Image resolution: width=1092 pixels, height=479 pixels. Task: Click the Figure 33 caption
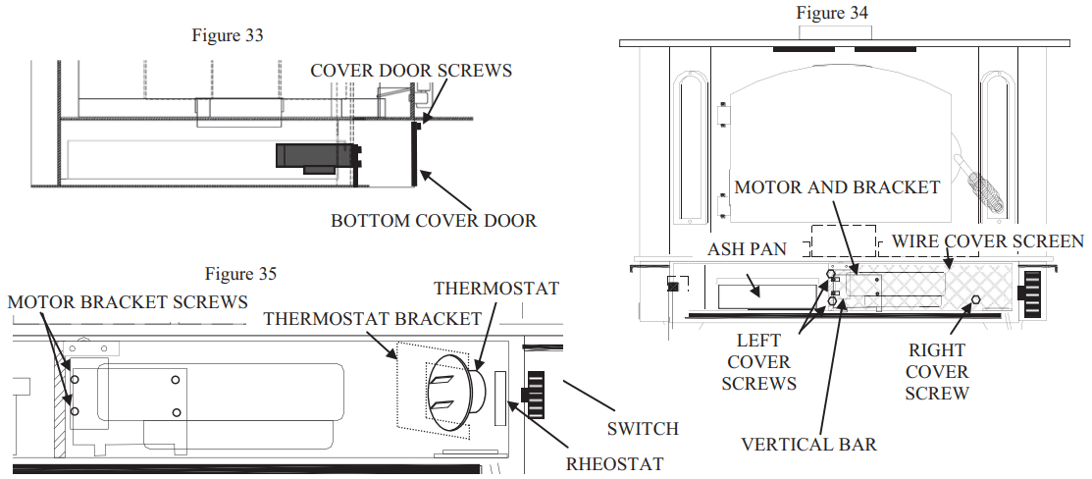click(228, 35)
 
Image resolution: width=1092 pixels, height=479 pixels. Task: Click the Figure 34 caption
click(832, 13)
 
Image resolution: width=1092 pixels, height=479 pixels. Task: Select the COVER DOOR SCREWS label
click(411, 71)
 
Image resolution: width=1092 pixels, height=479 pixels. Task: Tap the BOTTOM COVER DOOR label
click(434, 220)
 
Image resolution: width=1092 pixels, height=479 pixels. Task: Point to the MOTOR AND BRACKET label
click(837, 186)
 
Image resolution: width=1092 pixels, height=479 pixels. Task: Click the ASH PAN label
click(747, 249)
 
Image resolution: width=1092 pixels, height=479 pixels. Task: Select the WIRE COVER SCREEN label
click(986, 241)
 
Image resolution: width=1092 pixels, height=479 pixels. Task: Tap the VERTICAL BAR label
click(808, 444)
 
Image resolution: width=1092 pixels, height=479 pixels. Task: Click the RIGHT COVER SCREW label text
click(937, 372)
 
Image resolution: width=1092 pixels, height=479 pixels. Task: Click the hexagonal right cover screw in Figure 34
click(975, 300)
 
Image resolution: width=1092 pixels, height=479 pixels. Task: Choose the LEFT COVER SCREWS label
click(758, 362)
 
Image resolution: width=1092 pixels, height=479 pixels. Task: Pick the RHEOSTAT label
click(614, 463)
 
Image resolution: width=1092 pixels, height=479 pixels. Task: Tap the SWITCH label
click(643, 429)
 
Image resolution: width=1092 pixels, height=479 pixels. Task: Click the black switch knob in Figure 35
click(535, 394)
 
